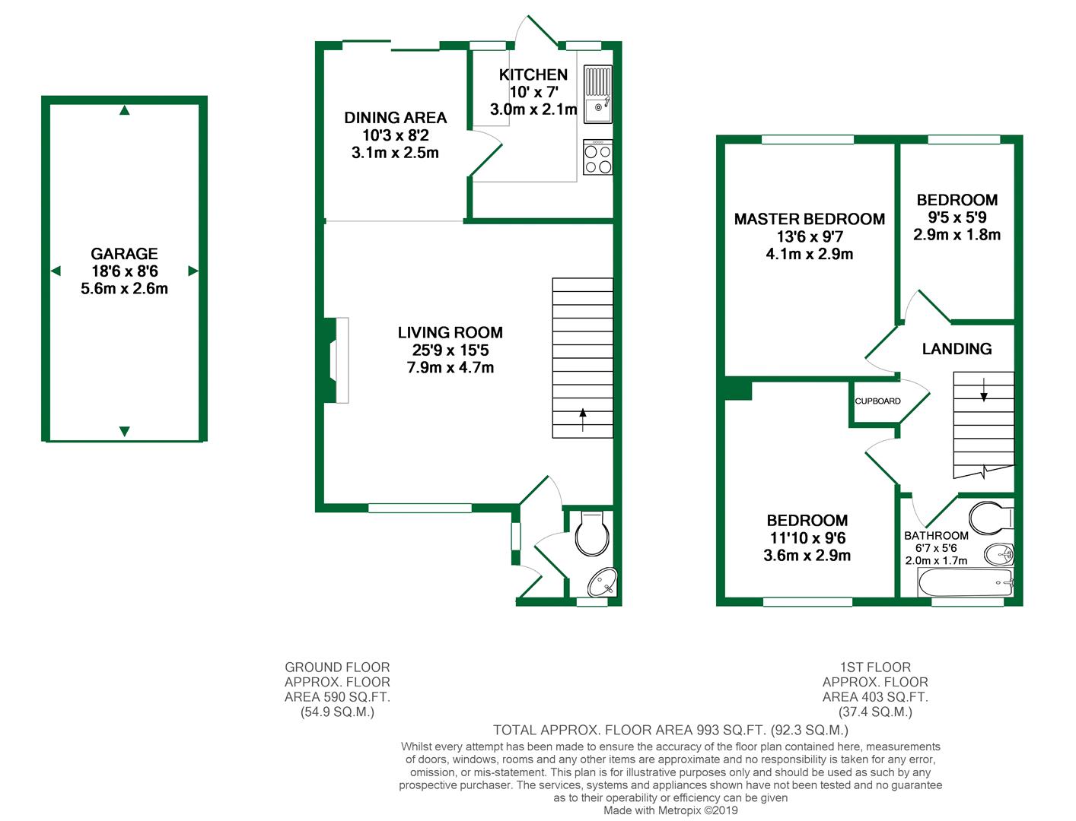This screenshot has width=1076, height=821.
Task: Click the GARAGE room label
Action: tap(124, 254)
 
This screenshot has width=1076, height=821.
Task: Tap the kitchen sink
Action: tap(597, 94)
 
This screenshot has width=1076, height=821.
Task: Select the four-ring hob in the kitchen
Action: tap(597, 158)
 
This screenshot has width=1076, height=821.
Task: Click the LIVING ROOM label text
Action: tap(450, 332)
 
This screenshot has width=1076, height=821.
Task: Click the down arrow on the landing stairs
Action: tap(983, 389)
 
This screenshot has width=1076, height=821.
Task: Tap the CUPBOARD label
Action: tap(877, 401)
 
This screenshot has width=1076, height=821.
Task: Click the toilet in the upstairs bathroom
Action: tap(992, 517)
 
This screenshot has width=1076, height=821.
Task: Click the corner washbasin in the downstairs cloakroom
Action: tap(605, 583)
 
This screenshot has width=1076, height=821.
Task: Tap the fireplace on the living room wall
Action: tap(336, 360)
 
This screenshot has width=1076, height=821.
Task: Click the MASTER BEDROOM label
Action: tap(809, 219)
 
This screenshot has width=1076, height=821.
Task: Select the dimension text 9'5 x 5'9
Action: tap(957, 217)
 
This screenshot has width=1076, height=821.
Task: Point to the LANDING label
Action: tap(957, 349)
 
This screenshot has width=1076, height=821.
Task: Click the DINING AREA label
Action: tap(395, 118)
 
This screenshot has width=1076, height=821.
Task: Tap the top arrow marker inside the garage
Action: tap(125, 111)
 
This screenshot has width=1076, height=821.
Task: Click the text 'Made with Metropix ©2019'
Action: tap(670, 810)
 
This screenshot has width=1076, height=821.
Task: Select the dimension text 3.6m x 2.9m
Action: tap(807, 556)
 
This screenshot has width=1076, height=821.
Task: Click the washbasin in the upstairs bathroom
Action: tap(998, 554)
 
